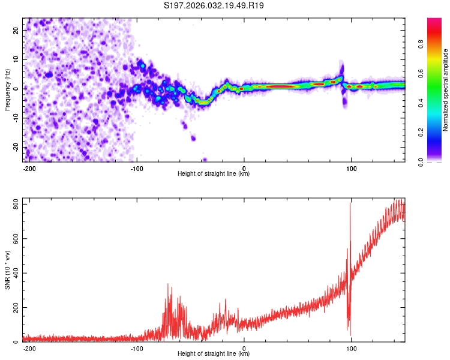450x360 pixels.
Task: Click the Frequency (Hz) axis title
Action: (x=7, y=89)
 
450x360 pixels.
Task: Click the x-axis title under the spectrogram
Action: (x=214, y=174)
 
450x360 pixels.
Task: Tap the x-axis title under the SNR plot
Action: (x=214, y=354)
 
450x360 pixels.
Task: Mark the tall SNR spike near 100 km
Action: (x=350, y=205)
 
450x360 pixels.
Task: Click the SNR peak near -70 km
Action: (x=169, y=285)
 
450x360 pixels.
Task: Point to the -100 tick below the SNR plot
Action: (x=137, y=348)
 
